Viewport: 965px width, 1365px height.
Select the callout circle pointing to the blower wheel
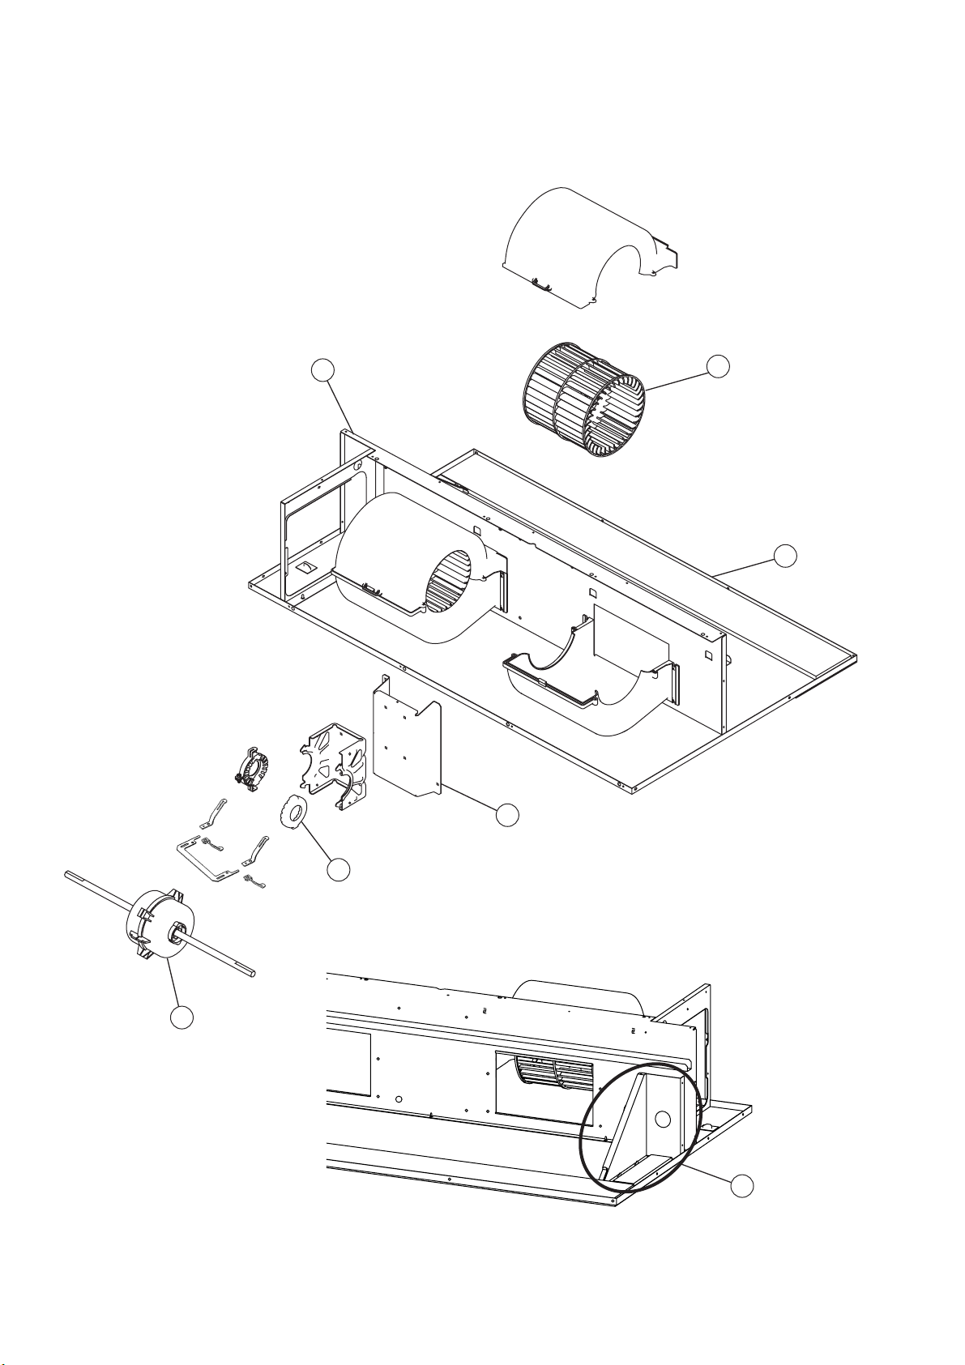pos(717,366)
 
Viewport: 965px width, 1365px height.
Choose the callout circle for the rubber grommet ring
pos(339,870)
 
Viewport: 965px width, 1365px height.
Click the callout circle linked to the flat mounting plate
pos(507,815)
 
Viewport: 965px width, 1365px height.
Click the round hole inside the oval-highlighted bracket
pos(663,1120)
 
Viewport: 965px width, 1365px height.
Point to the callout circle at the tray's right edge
pos(784,556)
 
